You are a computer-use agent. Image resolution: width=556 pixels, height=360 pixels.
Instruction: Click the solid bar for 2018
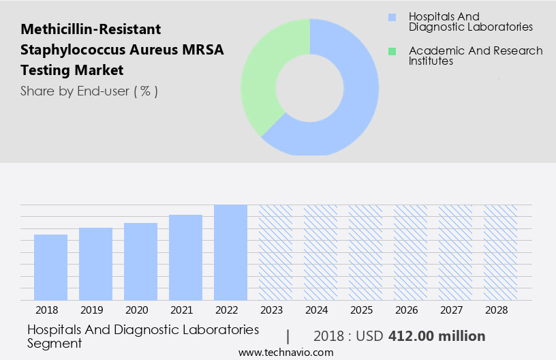[x=50, y=267]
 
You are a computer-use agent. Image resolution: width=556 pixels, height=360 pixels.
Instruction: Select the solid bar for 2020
[x=140, y=262]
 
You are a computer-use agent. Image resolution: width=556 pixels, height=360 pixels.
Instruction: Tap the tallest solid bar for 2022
[x=230, y=252]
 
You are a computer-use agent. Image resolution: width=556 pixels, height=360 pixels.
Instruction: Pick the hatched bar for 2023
[x=275, y=252]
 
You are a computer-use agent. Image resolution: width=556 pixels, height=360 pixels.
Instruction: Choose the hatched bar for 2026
[x=410, y=252]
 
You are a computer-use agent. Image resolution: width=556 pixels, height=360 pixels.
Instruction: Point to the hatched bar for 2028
[x=500, y=252]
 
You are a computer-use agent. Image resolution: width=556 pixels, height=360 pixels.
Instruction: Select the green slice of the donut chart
[x=262, y=75]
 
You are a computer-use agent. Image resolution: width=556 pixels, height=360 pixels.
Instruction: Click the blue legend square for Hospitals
[x=391, y=17]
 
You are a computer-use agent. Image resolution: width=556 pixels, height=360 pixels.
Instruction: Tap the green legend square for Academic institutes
[x=391, y=51]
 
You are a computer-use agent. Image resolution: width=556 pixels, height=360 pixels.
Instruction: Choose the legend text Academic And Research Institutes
[x=475, y=56]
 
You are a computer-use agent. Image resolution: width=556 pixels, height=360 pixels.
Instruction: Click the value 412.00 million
[x=437, y=336]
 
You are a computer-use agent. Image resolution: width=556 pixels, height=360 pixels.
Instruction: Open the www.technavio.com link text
[x=285, y=352]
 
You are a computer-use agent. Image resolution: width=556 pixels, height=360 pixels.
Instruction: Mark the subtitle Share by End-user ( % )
[x=89, y=91]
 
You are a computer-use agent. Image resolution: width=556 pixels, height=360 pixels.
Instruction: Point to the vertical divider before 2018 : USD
[x=288, y=336]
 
